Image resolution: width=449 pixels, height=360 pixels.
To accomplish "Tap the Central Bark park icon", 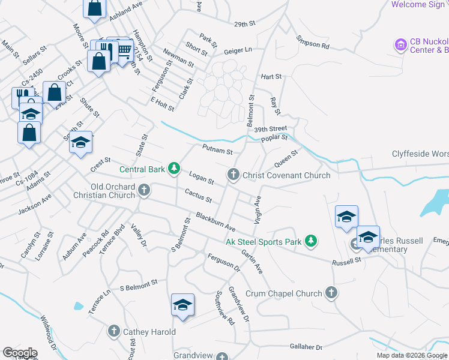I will tap(174, 169).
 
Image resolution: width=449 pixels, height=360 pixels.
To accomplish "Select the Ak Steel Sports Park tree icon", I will tap(310, 241).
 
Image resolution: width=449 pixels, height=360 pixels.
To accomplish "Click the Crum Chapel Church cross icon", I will tap(331, 293).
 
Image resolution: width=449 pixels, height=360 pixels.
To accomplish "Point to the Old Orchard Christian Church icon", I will tap(143, 190).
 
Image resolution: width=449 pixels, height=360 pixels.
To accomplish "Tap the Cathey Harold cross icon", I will tap(114, 331).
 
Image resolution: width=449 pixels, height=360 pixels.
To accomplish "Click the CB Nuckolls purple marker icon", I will tap(400, 44).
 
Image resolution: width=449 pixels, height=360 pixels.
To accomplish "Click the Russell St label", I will tap(347, 261).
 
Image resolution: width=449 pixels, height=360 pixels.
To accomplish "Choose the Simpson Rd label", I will tap(313, 41).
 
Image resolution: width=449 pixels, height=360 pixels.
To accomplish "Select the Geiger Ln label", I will tap(238, 50).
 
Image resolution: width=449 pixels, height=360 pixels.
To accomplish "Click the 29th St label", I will tap(245, 24).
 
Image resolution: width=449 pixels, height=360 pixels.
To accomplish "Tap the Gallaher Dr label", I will tap(306, 346).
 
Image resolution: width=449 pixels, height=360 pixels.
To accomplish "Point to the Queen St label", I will tap(286, 159).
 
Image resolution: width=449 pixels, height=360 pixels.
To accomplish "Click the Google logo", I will tap(19, 353).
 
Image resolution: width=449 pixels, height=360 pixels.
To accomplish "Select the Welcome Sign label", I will tap(418, 5).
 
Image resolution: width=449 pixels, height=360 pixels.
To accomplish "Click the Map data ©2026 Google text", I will tap(412, 355).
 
